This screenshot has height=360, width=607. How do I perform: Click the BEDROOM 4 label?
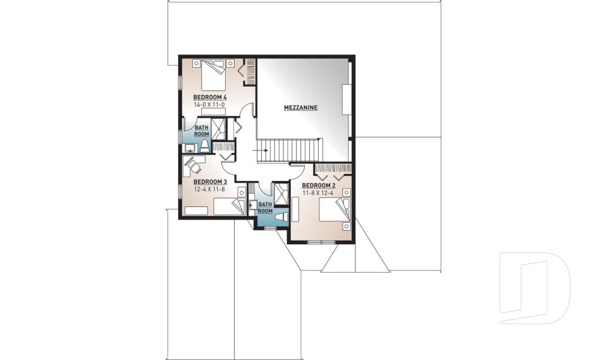210,96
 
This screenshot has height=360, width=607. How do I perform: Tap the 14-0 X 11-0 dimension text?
210,104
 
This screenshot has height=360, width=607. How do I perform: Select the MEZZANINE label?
300,108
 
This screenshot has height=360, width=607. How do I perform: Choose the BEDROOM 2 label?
317,185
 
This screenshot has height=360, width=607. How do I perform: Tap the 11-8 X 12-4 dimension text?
317,192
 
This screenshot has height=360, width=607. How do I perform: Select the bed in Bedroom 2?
333,210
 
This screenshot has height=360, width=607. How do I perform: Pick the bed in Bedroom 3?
229,206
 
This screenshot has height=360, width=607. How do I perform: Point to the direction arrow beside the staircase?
264,151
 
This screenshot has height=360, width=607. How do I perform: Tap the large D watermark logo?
534,288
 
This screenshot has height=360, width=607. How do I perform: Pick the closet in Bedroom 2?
333,169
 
